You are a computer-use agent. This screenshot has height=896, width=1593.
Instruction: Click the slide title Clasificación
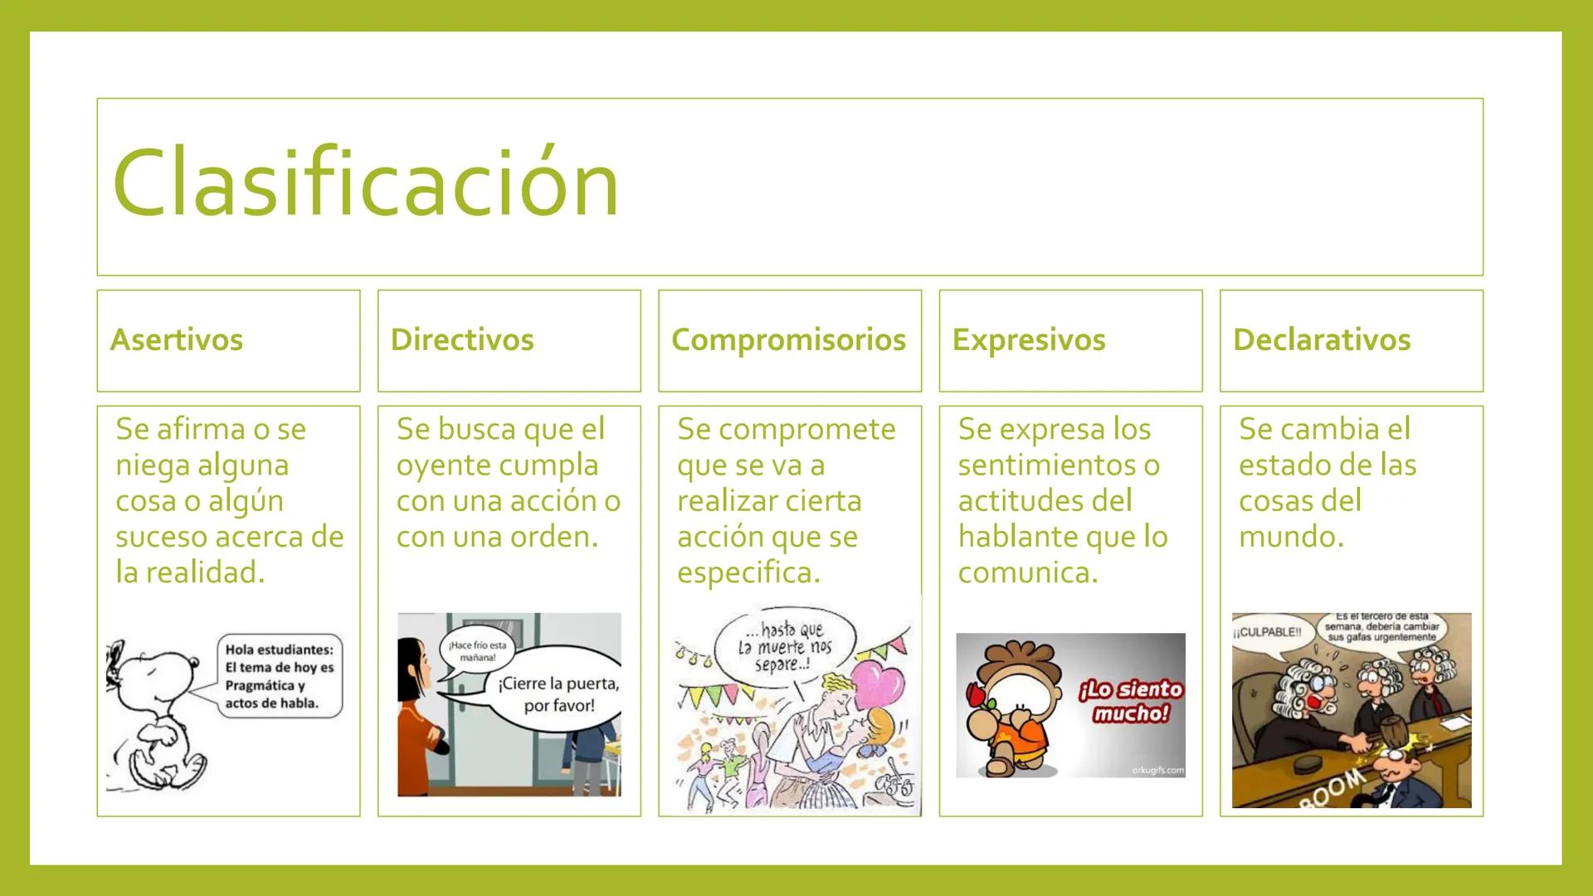[366, 183]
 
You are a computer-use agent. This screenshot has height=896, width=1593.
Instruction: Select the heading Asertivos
[176, 340]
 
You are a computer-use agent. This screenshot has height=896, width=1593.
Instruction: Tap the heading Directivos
[462, 340]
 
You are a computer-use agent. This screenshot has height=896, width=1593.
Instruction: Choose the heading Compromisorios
[788, 340]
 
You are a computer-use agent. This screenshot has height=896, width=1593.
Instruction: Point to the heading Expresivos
[1029, 340]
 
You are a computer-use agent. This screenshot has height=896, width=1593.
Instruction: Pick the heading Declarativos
[1322, 340]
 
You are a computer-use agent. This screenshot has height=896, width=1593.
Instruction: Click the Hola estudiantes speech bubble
[279, 676]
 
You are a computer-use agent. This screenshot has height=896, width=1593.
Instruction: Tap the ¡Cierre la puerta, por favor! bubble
[558, 694]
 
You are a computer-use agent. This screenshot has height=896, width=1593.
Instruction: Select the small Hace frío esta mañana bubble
[477, 651]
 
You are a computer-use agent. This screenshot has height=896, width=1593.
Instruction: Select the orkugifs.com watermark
[1157, 771]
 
